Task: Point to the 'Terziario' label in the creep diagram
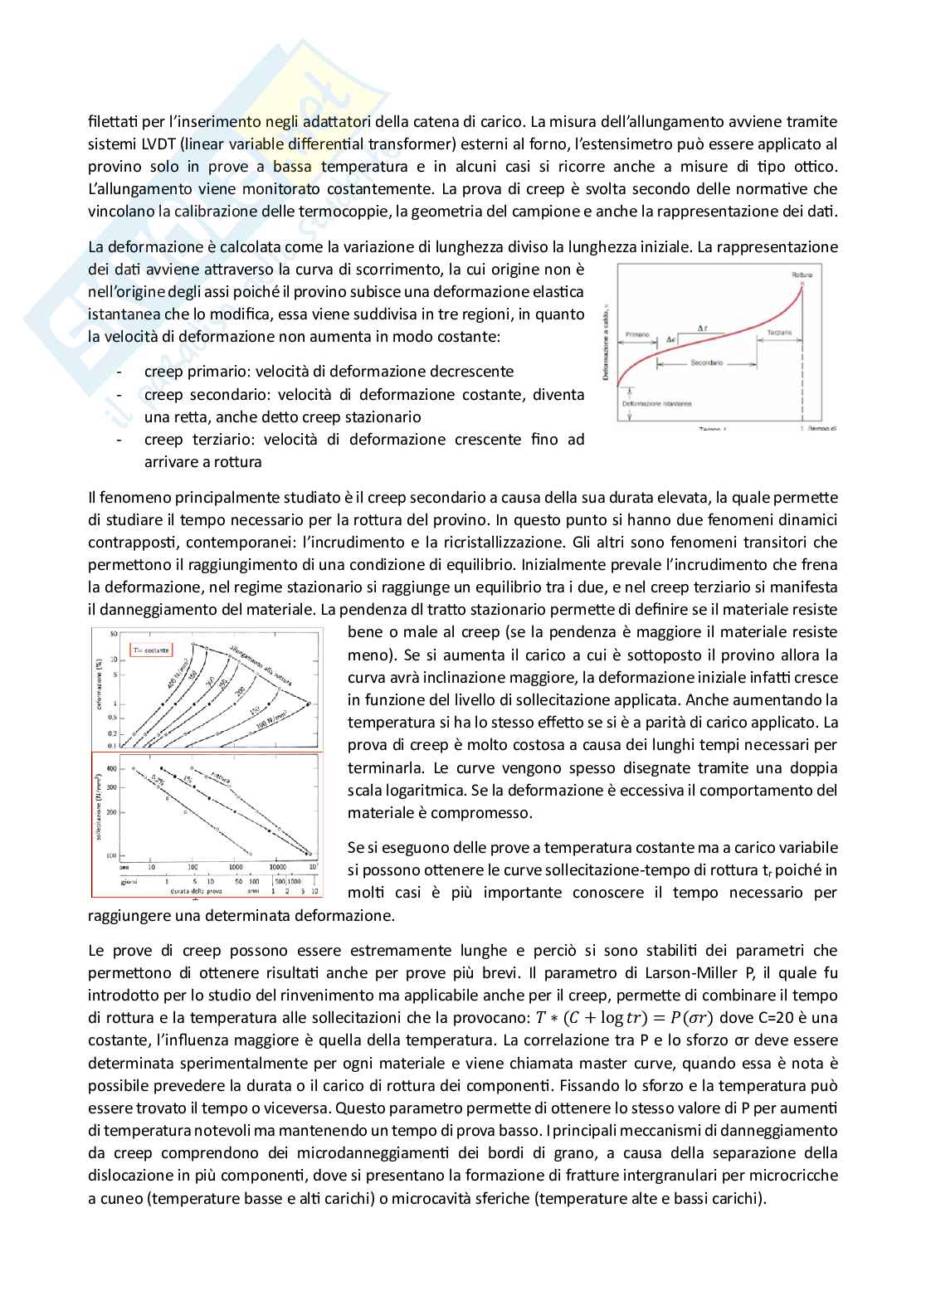pos(779,333)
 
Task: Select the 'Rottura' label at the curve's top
pos(802,275)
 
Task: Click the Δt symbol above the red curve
pos(702,329)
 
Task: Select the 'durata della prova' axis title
pos(196,892)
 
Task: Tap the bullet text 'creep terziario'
pos(194,440)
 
